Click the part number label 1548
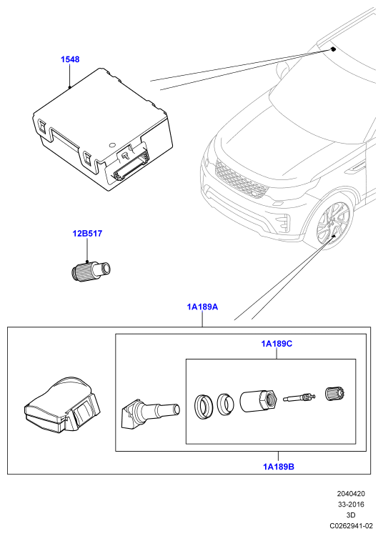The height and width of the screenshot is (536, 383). point(70,59)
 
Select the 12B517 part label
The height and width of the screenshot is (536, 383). point(87,234)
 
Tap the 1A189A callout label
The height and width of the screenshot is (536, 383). point(202,307)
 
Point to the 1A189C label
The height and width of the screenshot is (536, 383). point(277,344)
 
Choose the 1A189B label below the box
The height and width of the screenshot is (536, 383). point(279,466)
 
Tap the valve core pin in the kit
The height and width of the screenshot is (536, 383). point(299,398)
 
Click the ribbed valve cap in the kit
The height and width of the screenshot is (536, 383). point(336,394)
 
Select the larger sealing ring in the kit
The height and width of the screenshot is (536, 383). point(203,407)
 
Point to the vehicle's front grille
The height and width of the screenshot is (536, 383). point(242,180)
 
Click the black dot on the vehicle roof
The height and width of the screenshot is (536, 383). point(333,50)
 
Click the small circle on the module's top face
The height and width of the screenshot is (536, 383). point(112,145)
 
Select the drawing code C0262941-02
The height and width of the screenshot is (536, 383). point(351,526)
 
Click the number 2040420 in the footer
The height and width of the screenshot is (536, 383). point(351,494)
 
